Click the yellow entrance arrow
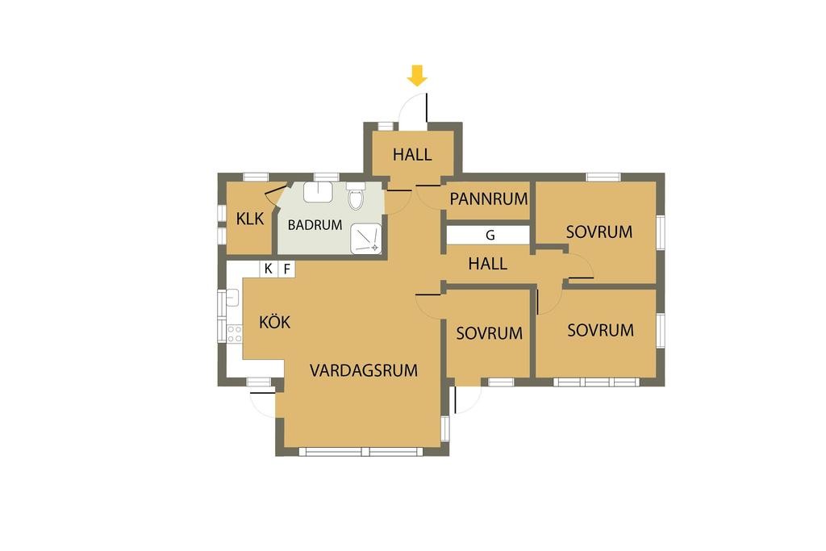pyautogui.click(x=416, y=77)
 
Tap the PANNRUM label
pyautogui.click(x=489, y=198)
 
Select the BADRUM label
pyautogui.click(x=315, y=226)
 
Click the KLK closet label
pyautogui.click(x=250, y=219)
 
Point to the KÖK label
pyautogui.click(x=274, y=322)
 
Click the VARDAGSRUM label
pyautogui.click(x=364, y=371)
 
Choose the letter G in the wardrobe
pyautogui.click(x=490, y=236)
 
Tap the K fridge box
pyautogui.click(x=268, y=269)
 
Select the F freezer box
pyautogui.click(x=286, y=269)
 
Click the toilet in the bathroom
pyautogui.click(x=356, y=197)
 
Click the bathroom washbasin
pyautogui.click(x=318, y=191)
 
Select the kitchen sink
pyautogui.click(x=233, y=298)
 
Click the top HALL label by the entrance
pyautogui.click(x=412, y=154)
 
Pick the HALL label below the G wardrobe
pyautogui.click(x=487, y=264)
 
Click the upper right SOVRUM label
pyautogui.click(x=599, y=232)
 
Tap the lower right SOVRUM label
pyautogui.click(x=600, y=330)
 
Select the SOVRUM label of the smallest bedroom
pyautogui.click(x=489, y=333)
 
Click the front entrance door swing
pyautogui.click(x=413, y=109)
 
